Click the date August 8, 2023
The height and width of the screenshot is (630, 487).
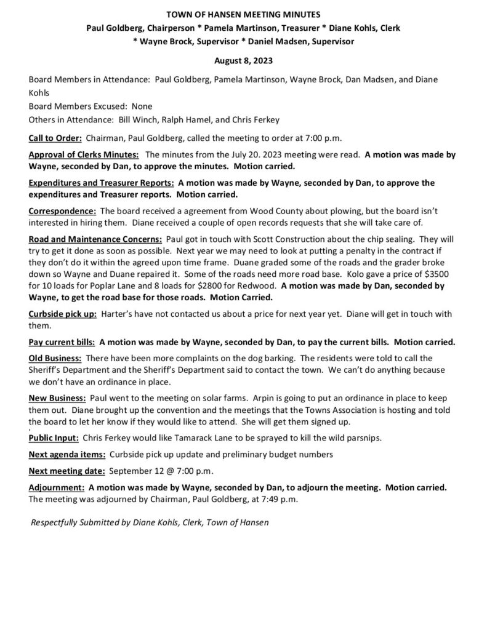click(243, 62)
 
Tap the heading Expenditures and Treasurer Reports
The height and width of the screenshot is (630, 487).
click(101, 183)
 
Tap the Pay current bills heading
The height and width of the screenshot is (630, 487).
click(62, 341)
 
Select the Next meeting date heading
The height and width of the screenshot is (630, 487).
click(66, 471)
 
